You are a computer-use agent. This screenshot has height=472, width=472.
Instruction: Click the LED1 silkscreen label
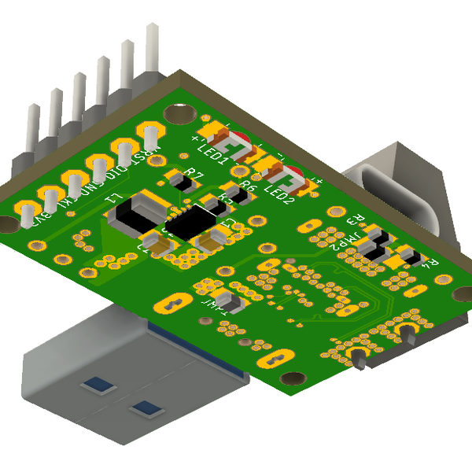(213, 153)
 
